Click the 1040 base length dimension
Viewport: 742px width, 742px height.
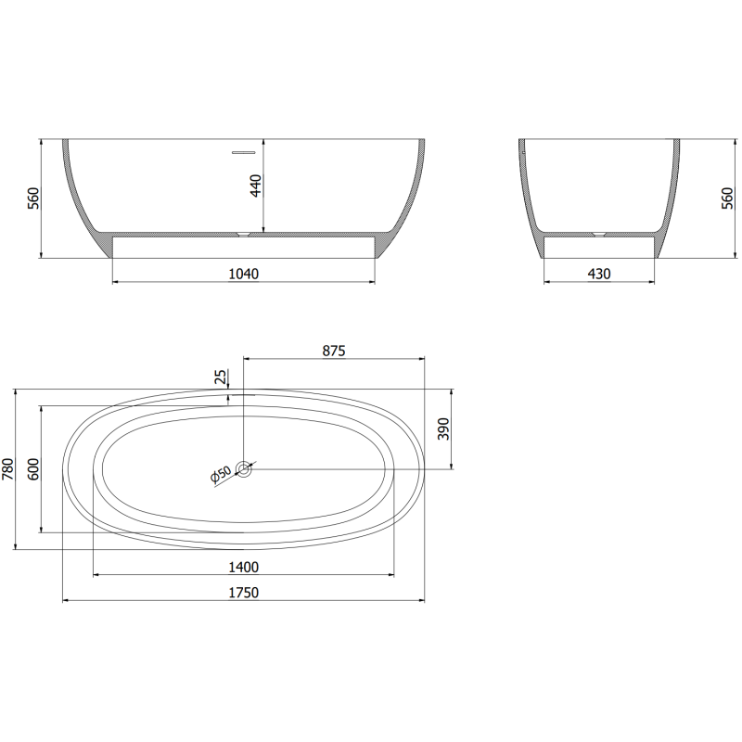(243, 274)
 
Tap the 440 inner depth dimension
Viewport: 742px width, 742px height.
(257, 185)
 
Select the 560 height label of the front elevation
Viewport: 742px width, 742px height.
(33, 198)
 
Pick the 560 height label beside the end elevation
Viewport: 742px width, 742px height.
(727, 198)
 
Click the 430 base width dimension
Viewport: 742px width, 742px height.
(599, 274)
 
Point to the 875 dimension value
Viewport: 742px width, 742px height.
(333, 351)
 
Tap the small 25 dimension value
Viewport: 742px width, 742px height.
(220, 376)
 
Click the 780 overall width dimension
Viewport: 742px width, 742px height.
(8, 469)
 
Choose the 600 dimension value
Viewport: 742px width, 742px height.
(33, 469)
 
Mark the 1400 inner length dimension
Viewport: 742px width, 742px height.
(244, 567)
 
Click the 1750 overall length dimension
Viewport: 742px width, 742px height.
(244, 593)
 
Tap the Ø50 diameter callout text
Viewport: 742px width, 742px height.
(221, 475)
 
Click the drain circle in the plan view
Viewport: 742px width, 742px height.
(244, 469)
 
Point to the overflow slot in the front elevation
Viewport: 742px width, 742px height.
(243, 148)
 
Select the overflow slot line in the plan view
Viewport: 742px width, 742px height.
(243, 394)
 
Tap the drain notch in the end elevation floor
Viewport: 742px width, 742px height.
(599, 233)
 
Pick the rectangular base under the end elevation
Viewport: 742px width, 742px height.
(599, 246)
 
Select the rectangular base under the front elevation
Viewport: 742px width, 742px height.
(243, 246)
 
